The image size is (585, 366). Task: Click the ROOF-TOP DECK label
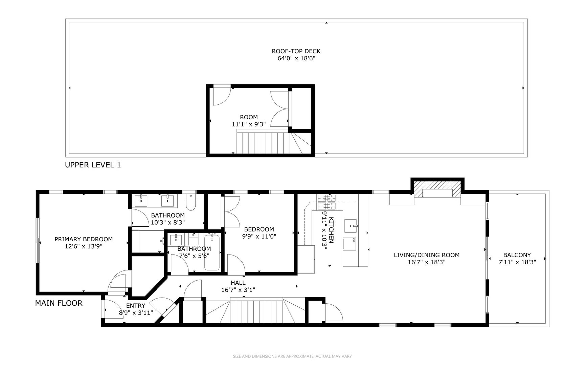296,51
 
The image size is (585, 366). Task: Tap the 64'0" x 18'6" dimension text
296,58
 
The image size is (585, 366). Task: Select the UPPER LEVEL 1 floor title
93,165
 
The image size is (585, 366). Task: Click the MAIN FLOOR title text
59,303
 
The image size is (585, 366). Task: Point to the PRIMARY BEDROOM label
84,239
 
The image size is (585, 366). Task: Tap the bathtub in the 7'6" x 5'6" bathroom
212,252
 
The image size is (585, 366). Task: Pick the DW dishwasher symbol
350,244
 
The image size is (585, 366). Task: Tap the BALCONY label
517,255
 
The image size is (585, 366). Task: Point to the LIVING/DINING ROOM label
426,255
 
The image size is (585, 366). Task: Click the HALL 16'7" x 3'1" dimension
238,290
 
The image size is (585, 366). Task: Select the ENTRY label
136,306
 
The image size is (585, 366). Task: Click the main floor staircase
256,312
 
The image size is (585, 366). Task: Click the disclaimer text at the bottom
292,356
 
